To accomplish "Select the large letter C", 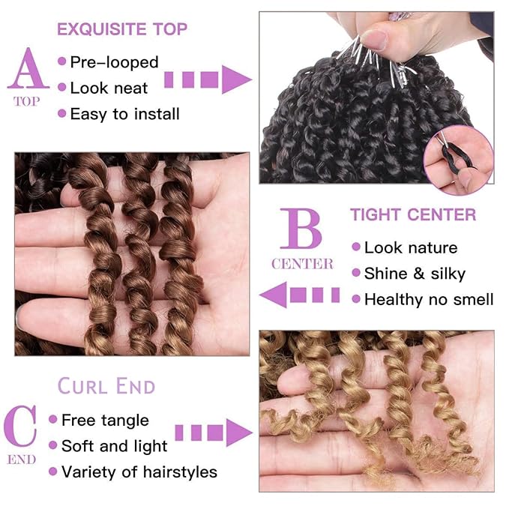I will pos(21,426).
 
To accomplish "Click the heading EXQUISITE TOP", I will pos(122,30).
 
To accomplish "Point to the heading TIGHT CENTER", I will pos(412,215).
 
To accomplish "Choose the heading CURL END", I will pos(106,387).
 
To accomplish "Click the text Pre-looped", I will pos(114,61).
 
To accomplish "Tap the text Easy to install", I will pos(124,114).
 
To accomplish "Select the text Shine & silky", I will pos(415,273).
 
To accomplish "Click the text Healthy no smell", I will pos(429,299).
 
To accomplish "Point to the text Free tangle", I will pos(105,420).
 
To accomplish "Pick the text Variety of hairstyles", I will pos(139,472).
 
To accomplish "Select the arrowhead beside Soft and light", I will pos(238,433).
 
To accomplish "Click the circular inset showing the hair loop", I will pos(457,160).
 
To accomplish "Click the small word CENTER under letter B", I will pos(302,264).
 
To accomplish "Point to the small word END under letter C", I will pos(21,459).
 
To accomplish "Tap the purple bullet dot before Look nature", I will pos(355,247).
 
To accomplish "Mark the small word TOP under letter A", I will pos(27,102).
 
